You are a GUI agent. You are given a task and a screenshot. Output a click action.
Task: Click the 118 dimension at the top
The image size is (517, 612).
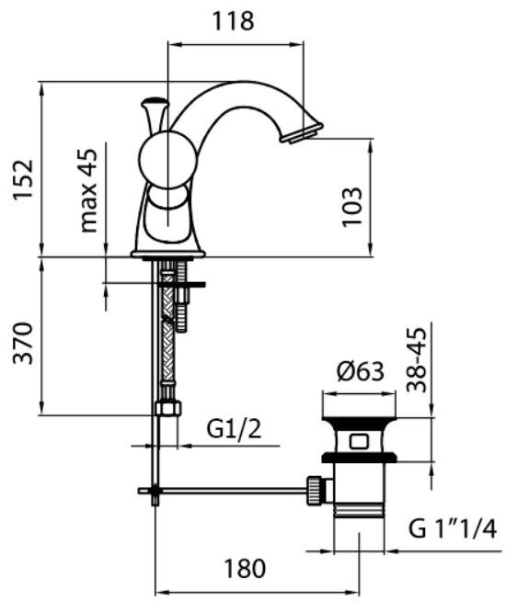pyautogui.click(x=233, y=21)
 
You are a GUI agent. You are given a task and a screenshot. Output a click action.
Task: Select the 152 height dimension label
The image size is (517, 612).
pyautogui.click(x=23, y=180)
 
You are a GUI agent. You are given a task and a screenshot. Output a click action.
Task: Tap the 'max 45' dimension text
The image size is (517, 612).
pyautogui.click(x=88, y=190)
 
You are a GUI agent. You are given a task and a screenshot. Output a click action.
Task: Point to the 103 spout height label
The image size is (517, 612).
pyautogui.click(x=351, y=207)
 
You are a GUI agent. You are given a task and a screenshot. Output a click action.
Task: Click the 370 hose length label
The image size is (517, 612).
pyautogui.click(x=23, y=343)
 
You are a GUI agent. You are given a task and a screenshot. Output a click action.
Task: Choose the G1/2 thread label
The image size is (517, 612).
pyautogui.click(x=234, y=430)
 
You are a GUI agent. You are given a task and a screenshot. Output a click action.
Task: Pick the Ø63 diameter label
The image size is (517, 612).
pyautogui.click(x=361, y=371)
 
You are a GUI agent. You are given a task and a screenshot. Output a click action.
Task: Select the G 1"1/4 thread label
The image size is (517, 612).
pyautogui.click(x=453, y=529)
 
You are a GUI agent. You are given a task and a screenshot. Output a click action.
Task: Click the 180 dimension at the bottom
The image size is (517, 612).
pyautogui.click(x=245, y=569)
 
